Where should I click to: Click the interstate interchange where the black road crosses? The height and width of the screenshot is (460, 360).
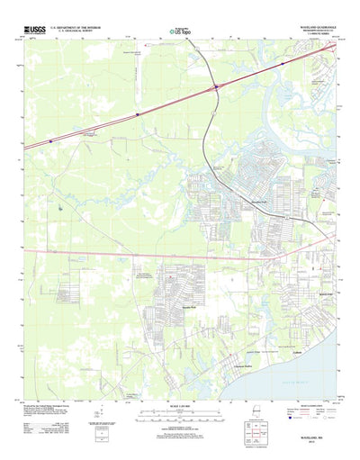[216, 87]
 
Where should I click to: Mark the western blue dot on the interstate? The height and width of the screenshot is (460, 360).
[137, 114]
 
